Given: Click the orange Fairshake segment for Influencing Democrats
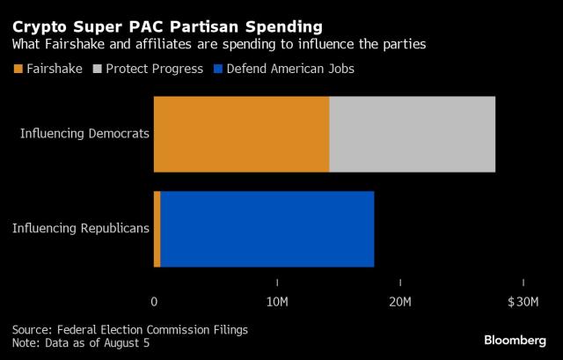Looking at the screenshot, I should pyautogui.click(x=241, y=134).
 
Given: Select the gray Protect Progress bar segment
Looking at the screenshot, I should pyautogui.click(x=412, y=134).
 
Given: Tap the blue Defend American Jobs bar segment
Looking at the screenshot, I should pyautogui.click(x=267, y=229).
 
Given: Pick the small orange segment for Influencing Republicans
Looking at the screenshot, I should pyautogui.click(x=157, y=229).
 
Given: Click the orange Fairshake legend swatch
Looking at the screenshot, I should pyautogui.click(x=18, y=68).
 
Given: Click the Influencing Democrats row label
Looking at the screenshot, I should pyautogui.click(x=85, y=135).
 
